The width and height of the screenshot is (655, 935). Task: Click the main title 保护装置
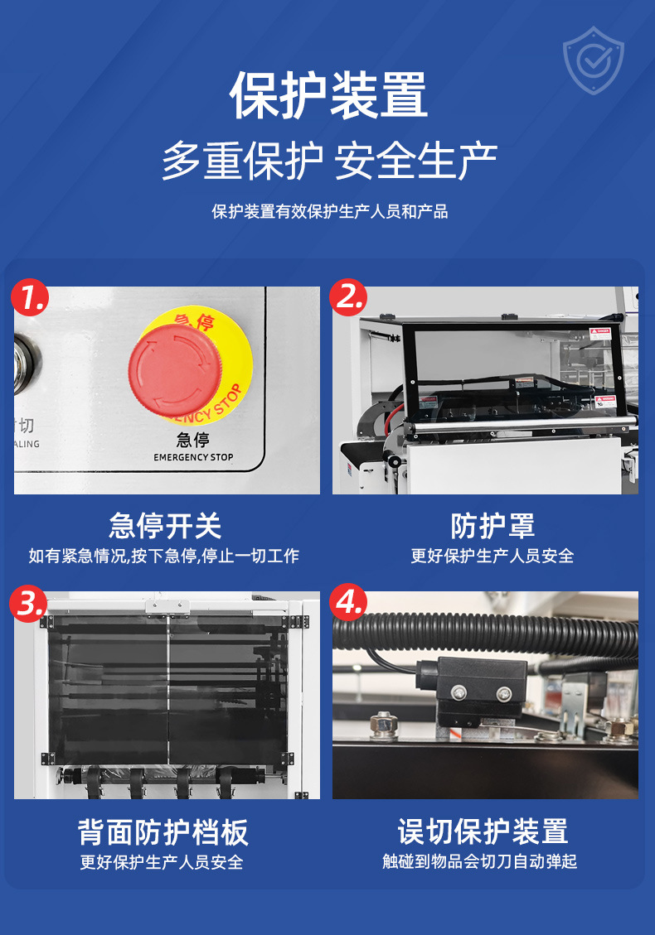(x=328, y=95)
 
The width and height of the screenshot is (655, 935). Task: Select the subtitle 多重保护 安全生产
(x=328, y=161)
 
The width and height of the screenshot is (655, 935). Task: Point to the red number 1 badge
(x=31, y=297)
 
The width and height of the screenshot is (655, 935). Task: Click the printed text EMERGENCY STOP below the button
(x=193, y=457)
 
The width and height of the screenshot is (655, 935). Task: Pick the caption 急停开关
(x=166, y=525)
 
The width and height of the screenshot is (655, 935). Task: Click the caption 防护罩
(x=492, y=525)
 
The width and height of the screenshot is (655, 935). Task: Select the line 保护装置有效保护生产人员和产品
(x=329, y=211)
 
